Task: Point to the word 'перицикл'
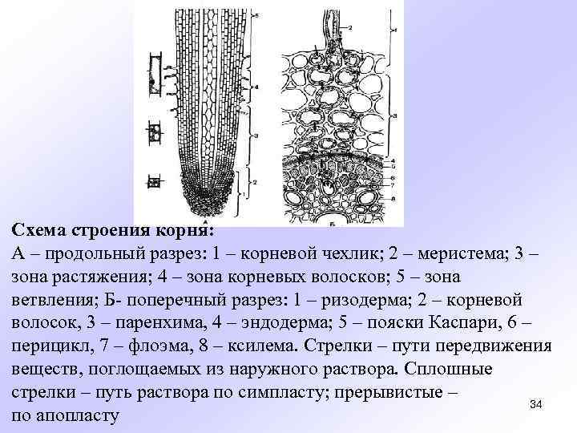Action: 50,346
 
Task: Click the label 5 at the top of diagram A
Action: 256,16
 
